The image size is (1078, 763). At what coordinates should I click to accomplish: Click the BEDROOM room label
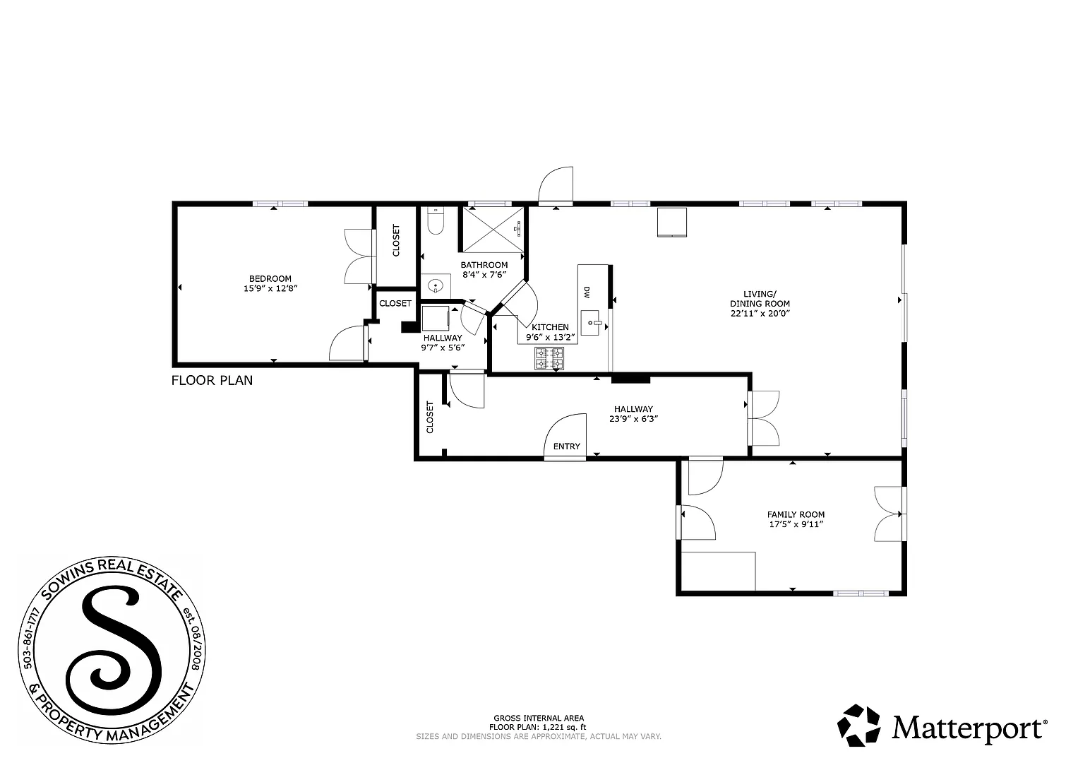click(x=270, y=278)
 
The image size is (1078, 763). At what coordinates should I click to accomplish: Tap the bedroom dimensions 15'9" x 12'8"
click(x=270, y=288)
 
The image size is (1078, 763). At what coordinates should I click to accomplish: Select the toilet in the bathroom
click(x=435, y=222)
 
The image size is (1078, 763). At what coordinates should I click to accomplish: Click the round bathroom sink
click(x=436, y=287)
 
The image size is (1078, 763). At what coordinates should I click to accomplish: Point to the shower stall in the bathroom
click(x=492, y=229)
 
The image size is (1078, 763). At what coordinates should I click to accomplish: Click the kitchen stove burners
click(x=549, y=358)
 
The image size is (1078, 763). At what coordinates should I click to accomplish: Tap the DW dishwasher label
click(x=586, y=292)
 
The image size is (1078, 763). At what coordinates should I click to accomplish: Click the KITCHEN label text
click(x=550, y=327)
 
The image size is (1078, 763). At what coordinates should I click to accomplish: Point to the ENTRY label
click(x=566, y=446)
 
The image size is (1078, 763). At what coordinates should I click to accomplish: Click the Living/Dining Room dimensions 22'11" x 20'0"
click(x=760, y=314)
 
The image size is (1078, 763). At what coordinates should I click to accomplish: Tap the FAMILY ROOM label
click(x=796, y=514)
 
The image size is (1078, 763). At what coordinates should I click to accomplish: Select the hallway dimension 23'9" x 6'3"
click(x=633, y=418)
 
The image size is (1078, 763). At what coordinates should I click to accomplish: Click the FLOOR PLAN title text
click(x=212, y=381)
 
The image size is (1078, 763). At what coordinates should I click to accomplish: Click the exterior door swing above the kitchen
click(x=555, y=186)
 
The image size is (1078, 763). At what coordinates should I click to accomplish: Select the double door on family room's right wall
click(x=890, y=514)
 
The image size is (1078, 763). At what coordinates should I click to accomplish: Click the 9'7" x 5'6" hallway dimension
click(x=442, y=348)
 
